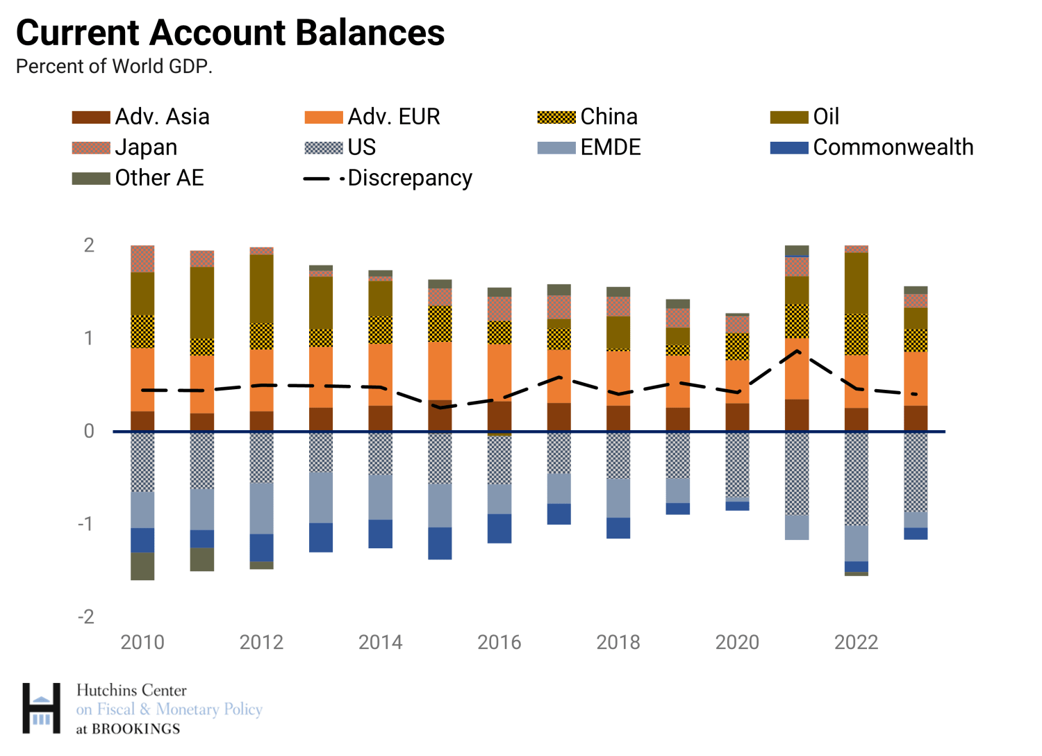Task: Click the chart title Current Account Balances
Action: pyautogui.click(x=230, y=33)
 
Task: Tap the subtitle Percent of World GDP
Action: pyautogui.click(x=114, y=67)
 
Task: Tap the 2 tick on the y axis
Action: pyautogui.click(x=89, y=245)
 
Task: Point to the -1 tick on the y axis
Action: pyautogui.click(x=85, y=523)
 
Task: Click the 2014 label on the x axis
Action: pyautogui.click(x=380, y=642)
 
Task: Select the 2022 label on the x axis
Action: pyautogui.click(x=856, y=642)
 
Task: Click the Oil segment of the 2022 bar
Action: pyautogui.click(x=857, y=283)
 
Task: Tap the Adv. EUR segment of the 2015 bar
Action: pyautogui.click(x=440, y=370)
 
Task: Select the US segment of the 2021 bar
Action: pyautogui.click(x=797, y=473)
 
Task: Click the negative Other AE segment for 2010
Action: pyautogui.click(x=142, y=566)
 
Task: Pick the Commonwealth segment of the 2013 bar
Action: pyautogui.click(x=321, y=537)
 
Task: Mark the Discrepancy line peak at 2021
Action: pyautogui.click(x=797, y=351)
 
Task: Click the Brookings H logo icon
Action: pyautogui.click(x=41, y=708)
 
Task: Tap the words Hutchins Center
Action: pyautogui.click(x=131, y=691)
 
